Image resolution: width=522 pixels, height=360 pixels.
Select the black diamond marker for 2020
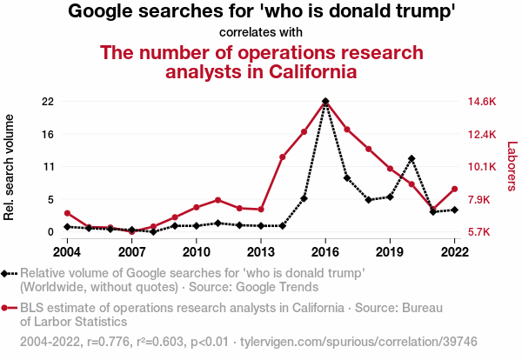(x=412, y=158)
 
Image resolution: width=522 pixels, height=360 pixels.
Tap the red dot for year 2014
(x=283, y=157)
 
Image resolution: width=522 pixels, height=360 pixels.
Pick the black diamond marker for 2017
(x=347, y=178)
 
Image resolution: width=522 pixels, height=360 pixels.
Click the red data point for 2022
(x=454, y=189)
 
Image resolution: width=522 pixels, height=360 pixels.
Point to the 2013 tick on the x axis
(x=261, y=251)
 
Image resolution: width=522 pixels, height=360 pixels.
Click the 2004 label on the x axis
(x=67, y=251)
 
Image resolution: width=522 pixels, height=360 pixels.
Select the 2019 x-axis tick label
(x=390, y=251)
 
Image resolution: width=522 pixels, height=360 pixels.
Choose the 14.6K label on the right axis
(x=481, y=102)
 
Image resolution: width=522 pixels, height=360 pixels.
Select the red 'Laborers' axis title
(x=512, y=167)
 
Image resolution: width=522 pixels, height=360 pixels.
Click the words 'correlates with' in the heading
(x=261, y=32)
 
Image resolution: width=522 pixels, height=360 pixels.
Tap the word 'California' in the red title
(x=302, y=71)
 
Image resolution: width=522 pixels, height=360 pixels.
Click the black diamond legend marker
(x=9, y=273)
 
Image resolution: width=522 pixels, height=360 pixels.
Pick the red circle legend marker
(x=9, y=308)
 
